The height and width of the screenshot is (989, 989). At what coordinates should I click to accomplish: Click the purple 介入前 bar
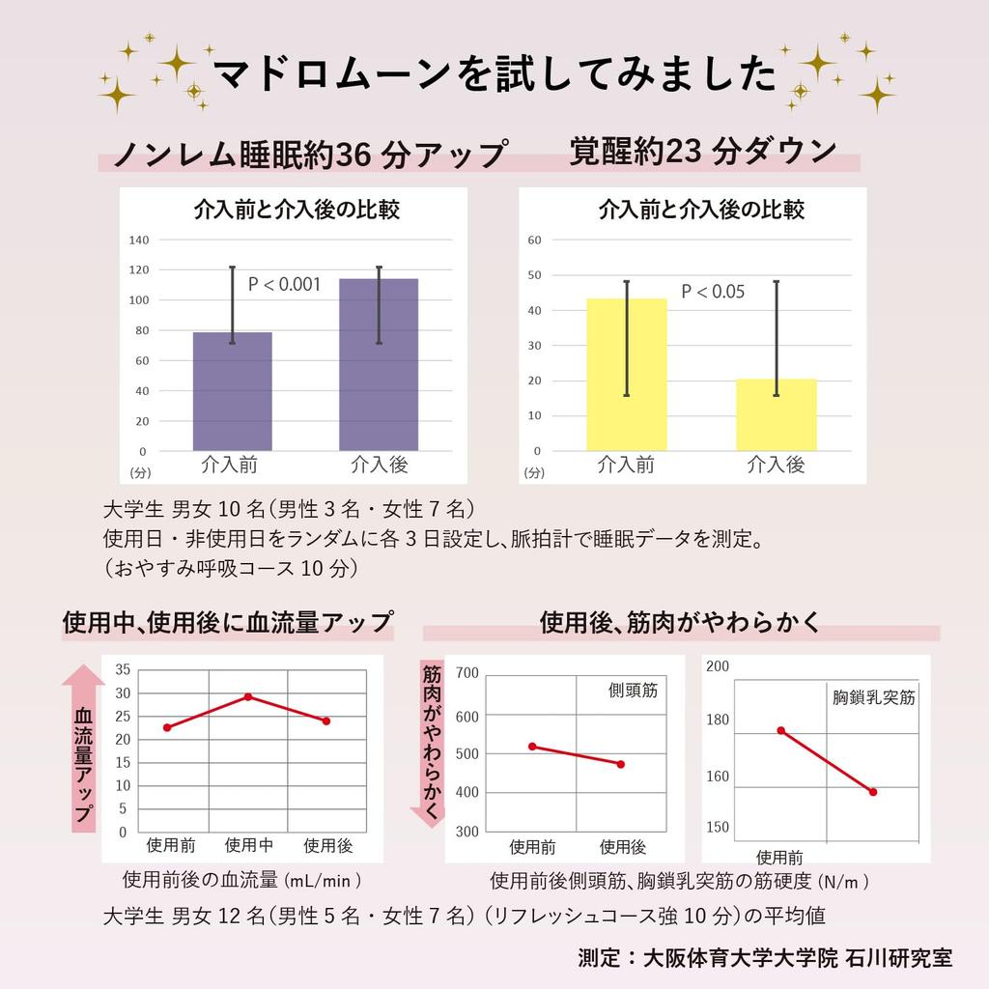[x=232, y=391]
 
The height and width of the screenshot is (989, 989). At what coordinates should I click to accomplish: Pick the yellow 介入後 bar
[x=777, y=414]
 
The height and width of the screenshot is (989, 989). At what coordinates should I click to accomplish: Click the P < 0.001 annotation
[x=284, y=284]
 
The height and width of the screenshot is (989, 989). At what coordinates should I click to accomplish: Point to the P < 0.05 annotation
[x=713, y=292]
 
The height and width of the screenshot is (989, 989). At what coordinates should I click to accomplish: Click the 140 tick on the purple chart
[x=139, y=240]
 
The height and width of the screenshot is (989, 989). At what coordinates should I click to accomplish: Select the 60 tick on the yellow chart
[x=534, y=240]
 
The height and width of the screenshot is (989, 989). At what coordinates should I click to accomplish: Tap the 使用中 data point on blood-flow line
[x=248, y=696]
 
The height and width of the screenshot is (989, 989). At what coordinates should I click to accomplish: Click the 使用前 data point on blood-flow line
[x=167, y=727]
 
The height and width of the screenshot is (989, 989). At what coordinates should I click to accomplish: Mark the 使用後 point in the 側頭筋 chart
[x=620, y=764]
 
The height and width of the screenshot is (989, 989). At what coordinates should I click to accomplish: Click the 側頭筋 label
[x=633, y=692]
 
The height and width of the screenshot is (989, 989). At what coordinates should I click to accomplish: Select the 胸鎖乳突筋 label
[x=873, y=697]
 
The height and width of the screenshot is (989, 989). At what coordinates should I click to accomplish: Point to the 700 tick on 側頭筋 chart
[x=466, y=673]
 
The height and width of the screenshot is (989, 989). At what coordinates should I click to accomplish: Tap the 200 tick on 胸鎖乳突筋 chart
[x=718, y=665]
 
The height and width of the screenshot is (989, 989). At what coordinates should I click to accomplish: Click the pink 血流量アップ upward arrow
[x=83, y=749]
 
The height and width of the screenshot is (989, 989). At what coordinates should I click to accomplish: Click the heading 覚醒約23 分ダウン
[x=702, y=152]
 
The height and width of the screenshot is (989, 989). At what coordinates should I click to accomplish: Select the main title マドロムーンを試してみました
[x=494, y=74]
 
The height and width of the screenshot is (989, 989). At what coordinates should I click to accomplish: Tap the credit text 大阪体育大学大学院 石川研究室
[x=798, y=958]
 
